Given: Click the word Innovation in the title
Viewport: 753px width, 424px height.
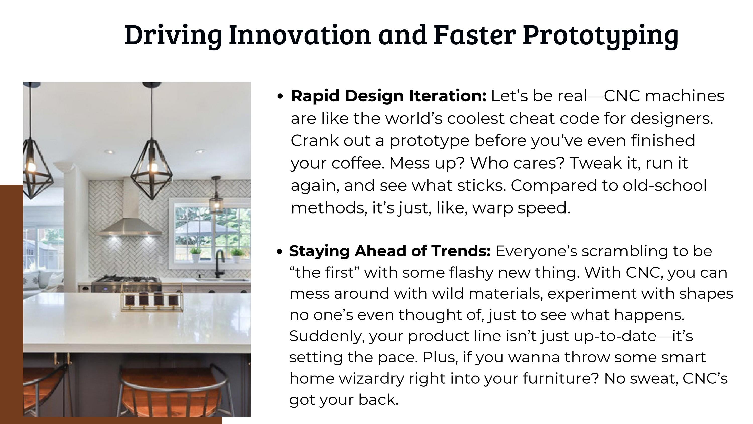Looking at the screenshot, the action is pos(300,35).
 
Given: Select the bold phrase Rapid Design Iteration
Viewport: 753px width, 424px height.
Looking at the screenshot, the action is pos(389,96).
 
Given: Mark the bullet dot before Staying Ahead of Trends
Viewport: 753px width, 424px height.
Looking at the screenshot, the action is pos(279,252).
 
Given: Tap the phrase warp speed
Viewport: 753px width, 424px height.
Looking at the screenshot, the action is pos(521,208).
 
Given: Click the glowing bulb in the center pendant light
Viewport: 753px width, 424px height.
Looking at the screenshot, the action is pos(152,167).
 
